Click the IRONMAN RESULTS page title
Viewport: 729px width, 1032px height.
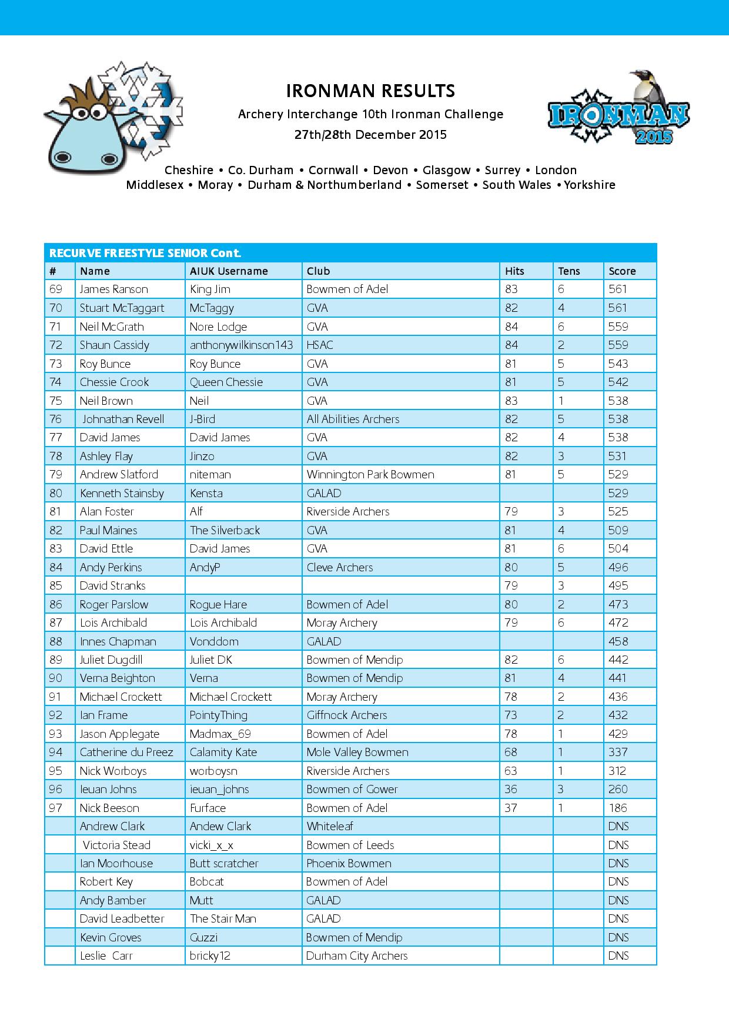370,91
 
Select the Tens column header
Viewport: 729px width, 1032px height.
569,271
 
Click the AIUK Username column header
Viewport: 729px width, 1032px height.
229,271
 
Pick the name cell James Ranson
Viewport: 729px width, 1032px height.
114,289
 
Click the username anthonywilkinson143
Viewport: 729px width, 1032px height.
241,345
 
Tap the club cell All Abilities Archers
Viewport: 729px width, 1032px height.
353,419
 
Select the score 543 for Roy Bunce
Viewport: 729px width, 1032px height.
618,364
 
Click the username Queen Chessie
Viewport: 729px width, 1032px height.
226,382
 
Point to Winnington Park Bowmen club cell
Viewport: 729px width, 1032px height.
370,474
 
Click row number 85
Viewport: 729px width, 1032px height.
56,585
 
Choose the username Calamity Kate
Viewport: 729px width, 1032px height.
223,752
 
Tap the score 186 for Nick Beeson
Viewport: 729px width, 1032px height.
618,808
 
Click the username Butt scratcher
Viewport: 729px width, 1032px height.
224,863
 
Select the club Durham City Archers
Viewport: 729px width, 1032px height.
357,956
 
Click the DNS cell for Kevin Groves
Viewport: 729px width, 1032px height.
618,937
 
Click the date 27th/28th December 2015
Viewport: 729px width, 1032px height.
370,135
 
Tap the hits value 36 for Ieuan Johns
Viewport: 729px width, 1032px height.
511,789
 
